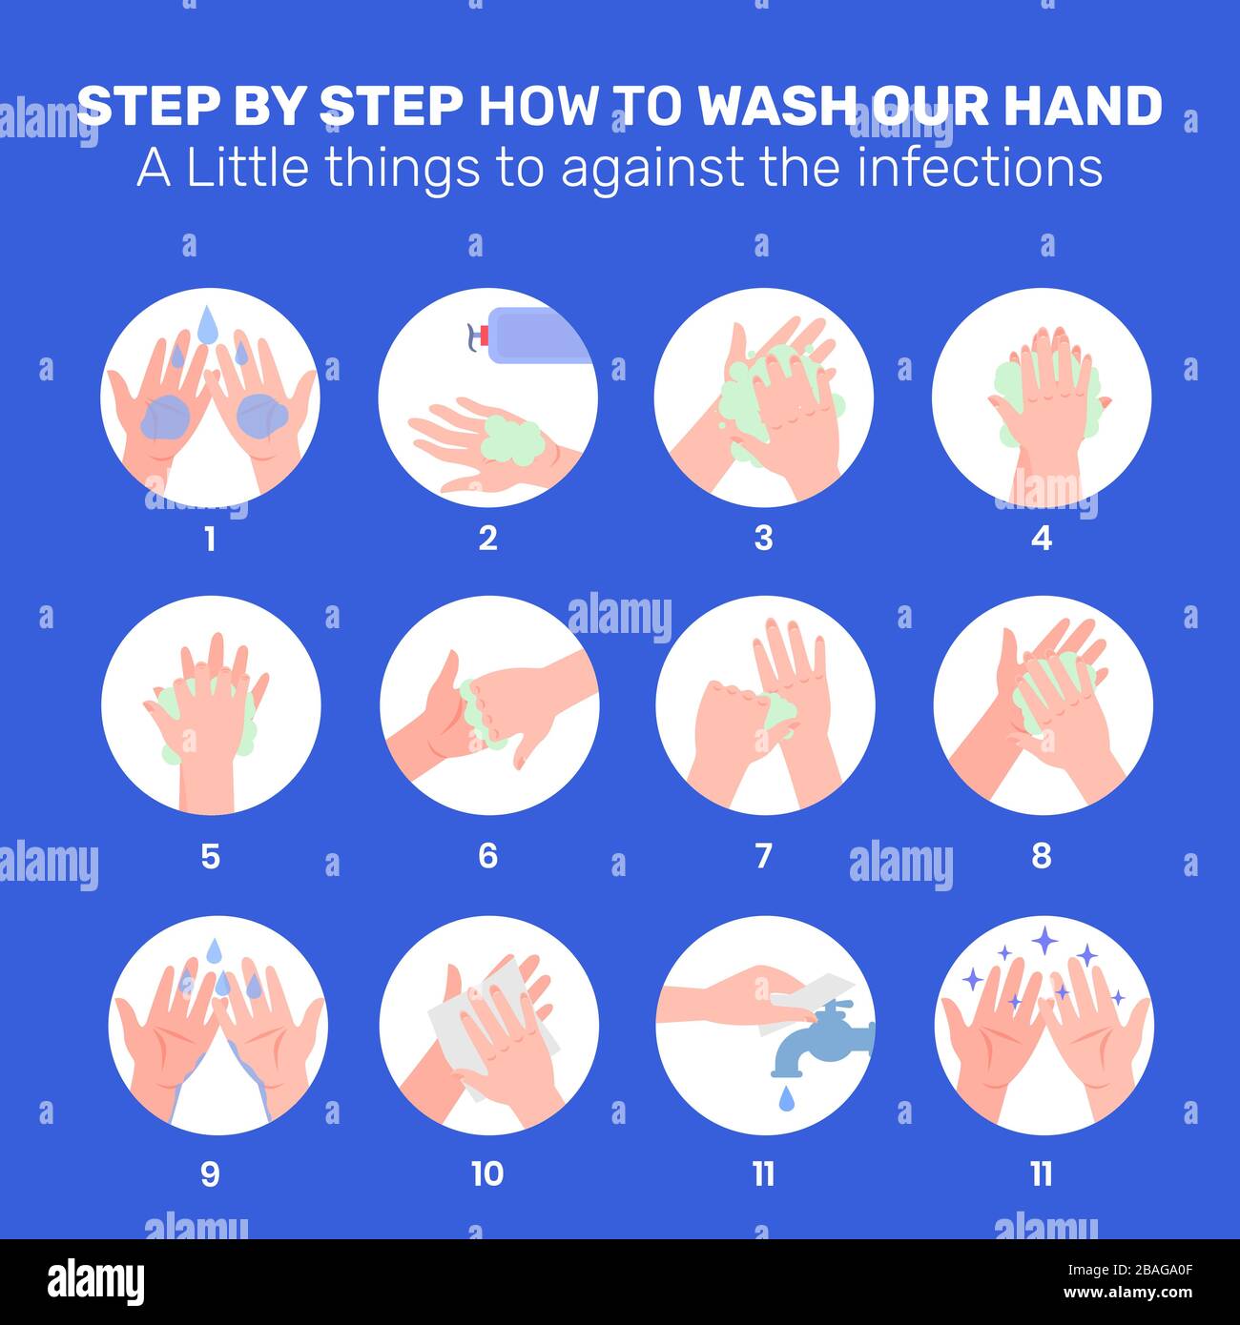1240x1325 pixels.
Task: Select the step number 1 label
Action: coord(210,539)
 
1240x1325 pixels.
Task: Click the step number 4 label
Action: coord(1041,539)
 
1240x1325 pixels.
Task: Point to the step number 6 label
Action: coord(487,856)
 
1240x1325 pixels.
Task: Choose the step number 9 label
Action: coord(210,1173)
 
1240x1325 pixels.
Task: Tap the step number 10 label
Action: coord(486,1173)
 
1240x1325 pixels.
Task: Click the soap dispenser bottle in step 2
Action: coord(533,336)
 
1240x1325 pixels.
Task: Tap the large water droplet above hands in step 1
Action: coord(207,324)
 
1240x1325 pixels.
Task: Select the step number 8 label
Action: coord(1041,856)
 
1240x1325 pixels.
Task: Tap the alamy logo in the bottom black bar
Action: coord(96,1282)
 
